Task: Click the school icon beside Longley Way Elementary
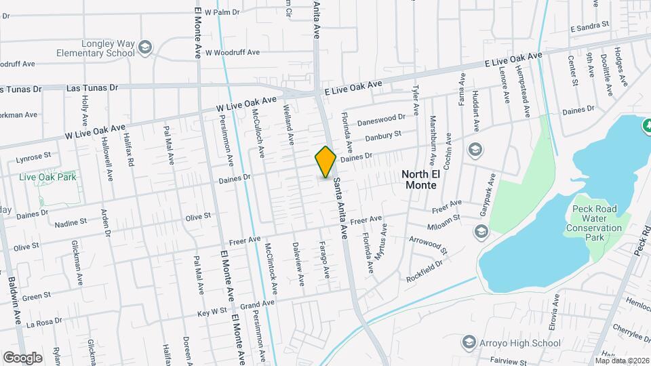[x=144, y=47]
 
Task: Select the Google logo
[x=22, y=357]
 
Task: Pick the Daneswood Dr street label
[x=380, y=120]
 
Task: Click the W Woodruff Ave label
[x=233, y=52]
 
